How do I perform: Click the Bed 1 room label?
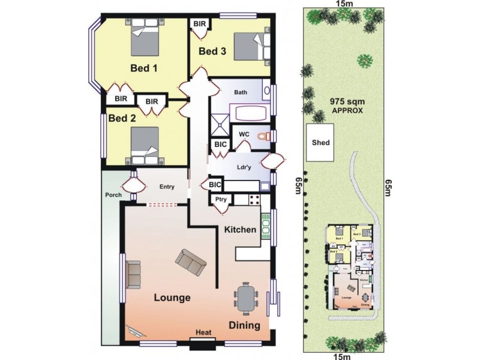point(144,68)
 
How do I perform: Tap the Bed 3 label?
point(212,52)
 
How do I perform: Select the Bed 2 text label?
point(122,118)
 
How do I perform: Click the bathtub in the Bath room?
point(250,113)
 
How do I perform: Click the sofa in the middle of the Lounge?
point(189,262)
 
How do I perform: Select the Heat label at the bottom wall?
point(202,332)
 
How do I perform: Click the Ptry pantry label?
point(219,200)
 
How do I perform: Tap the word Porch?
point(113,195)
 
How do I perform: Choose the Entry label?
point(166,187)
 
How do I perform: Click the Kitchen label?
point(241,229)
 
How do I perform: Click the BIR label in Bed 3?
point(199,23)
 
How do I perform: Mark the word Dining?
point(244,326)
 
